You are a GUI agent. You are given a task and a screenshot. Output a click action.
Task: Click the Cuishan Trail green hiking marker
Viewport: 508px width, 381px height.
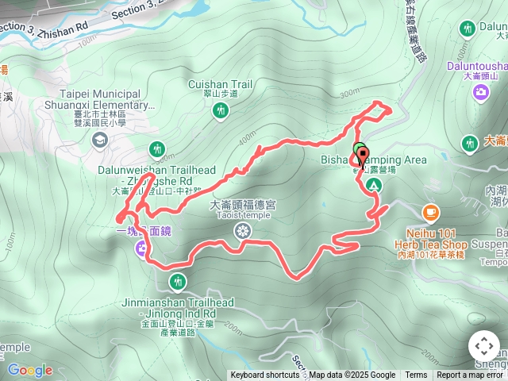coord(220,112)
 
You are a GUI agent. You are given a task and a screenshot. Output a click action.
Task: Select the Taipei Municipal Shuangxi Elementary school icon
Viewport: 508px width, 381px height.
coord(100,140)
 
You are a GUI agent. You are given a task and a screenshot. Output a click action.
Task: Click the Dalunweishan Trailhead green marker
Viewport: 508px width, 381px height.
coord(156,148)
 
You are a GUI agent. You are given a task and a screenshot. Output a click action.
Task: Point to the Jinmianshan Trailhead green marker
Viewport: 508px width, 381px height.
coord(177,281)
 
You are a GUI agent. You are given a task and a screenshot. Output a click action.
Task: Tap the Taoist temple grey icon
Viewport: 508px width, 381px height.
coord(243,231)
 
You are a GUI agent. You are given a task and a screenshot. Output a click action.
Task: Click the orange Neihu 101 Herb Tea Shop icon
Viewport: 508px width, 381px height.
coord(430,212)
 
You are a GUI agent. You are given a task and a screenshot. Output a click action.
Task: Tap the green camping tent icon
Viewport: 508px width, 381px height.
coord(371,185)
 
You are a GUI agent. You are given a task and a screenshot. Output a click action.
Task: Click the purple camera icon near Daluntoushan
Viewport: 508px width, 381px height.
coord(480,93)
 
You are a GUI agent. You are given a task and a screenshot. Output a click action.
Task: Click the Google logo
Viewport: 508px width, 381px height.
coord(30,370)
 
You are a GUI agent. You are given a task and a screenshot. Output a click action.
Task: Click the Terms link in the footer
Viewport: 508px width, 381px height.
coord(416,375)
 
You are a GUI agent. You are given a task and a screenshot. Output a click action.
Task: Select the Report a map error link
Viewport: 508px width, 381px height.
coord(471,375)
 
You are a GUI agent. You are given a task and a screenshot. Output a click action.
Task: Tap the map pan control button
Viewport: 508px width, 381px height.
coord(483,346)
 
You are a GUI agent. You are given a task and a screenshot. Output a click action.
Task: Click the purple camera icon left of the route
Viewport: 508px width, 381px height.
coord(141,250)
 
